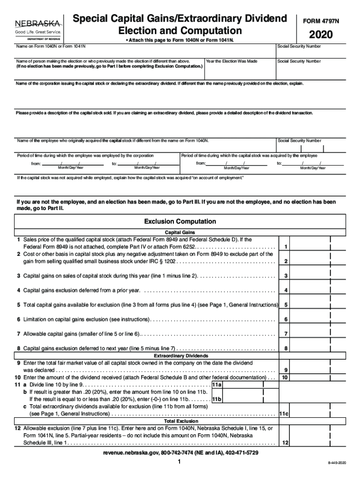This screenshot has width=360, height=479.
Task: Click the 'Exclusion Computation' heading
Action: tap(180, 221)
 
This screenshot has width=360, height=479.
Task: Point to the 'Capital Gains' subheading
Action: tap(180, 232)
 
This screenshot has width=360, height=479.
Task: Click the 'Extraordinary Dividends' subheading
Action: tap(180, 356)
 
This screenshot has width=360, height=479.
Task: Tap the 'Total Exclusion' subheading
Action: tap(180, 421)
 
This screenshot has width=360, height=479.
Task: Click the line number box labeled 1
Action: tap(285, 247)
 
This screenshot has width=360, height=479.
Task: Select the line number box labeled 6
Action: tap(285, 319)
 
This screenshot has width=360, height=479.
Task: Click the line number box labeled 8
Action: tap(285, 348)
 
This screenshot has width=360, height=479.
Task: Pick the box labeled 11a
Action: tap(216, 385)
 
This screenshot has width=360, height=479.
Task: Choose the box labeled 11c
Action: tap(284, 414)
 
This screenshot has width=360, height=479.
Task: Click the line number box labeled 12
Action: tap(285, 443)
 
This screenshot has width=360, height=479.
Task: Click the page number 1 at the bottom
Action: tap(180, 462)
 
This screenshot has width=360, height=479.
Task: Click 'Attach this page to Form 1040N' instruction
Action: tap(180, 41)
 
